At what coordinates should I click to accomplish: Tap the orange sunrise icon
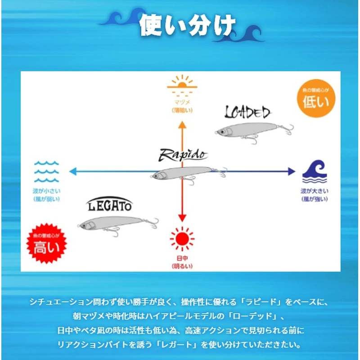tap(182, 87)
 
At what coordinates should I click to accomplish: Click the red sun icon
tap(182, 238)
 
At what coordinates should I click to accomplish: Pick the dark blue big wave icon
tap(314, 171)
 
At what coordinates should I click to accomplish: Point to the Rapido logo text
tap(183, 155)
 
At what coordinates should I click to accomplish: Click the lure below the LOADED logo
tap(252, 130)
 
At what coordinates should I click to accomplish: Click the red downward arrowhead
tap(182, 218)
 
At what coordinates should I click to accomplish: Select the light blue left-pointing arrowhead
tap(72, 171)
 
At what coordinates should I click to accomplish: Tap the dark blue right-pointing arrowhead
tap(291, 171)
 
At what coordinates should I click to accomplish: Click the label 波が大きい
tap(314, 191)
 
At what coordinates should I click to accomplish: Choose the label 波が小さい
tap(46, 191)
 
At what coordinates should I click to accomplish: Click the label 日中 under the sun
tap(182, 259)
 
